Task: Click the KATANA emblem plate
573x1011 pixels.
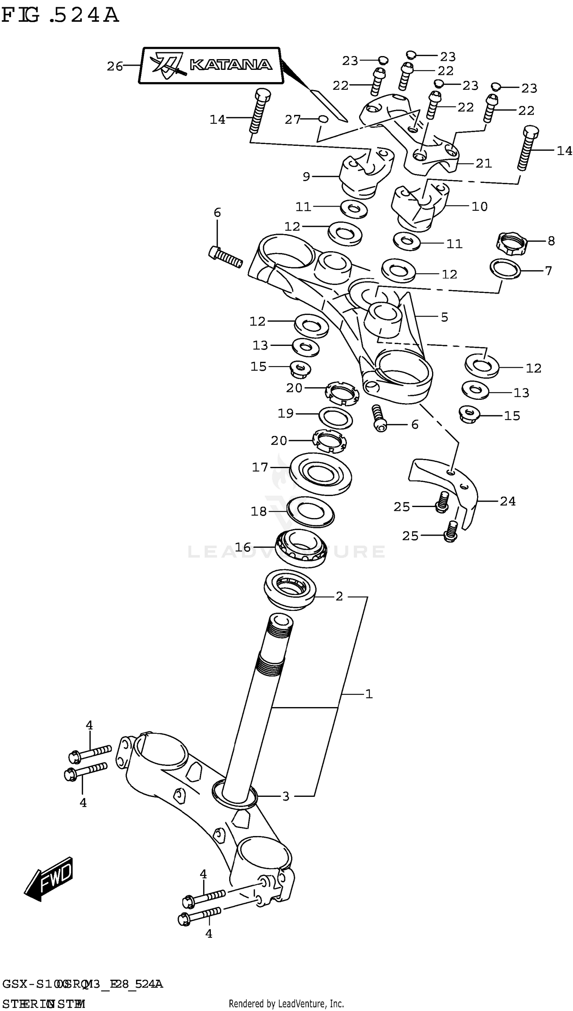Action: click(211, 65)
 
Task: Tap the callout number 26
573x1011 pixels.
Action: click(115, 66)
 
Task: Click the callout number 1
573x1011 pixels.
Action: click(368, 694)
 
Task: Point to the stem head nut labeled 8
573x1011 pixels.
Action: click(511, 244)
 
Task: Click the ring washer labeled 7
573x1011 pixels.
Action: click(505, 268)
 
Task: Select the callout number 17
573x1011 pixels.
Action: click(260, 467)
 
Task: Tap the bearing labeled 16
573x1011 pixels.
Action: click(301, 548)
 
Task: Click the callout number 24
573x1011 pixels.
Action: click(507, 501)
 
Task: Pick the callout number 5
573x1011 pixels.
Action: click(444, 317)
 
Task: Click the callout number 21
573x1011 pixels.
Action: click(484, 163)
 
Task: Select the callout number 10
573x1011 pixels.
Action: click(479, 207)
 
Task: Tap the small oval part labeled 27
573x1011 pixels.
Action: click(322, 119)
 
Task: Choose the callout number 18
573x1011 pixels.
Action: click(259, 511)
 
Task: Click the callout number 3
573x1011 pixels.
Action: click(286, 796)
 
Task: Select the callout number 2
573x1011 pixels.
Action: click(339, 596)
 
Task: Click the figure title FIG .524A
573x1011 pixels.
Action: click(60, 16)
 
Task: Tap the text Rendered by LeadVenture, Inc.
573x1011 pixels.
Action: click(286, 1003)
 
